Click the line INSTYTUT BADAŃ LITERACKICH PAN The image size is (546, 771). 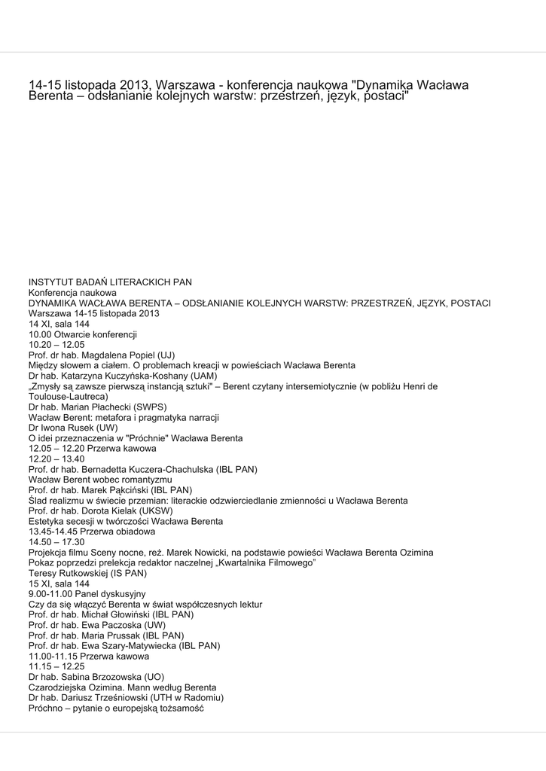click(110, 282)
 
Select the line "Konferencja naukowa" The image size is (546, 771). click(72, 293)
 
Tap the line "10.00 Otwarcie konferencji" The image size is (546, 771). click(83, 334)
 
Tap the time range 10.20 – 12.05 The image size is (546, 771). click(56, 345)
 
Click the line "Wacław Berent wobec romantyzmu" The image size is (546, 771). click(100, 480)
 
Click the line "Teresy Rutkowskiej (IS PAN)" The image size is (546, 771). click(87, 573)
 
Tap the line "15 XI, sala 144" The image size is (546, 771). click(59, 584)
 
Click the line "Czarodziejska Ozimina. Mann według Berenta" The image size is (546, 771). click(122, 687)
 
